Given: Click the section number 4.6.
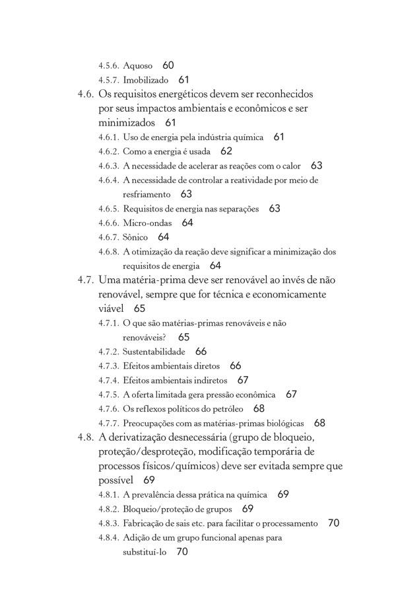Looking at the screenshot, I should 86,95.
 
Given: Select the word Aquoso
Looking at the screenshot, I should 137,66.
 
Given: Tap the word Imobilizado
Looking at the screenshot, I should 145,80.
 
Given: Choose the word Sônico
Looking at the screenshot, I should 135,237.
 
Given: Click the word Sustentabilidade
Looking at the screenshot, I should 154,352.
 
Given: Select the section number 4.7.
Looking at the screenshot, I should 86,280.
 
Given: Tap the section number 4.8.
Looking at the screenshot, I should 86,437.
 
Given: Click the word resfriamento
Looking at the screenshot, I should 147,194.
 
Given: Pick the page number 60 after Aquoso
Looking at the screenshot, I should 168,65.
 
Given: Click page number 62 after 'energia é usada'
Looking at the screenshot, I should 226,151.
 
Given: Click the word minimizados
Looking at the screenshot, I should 127,123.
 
